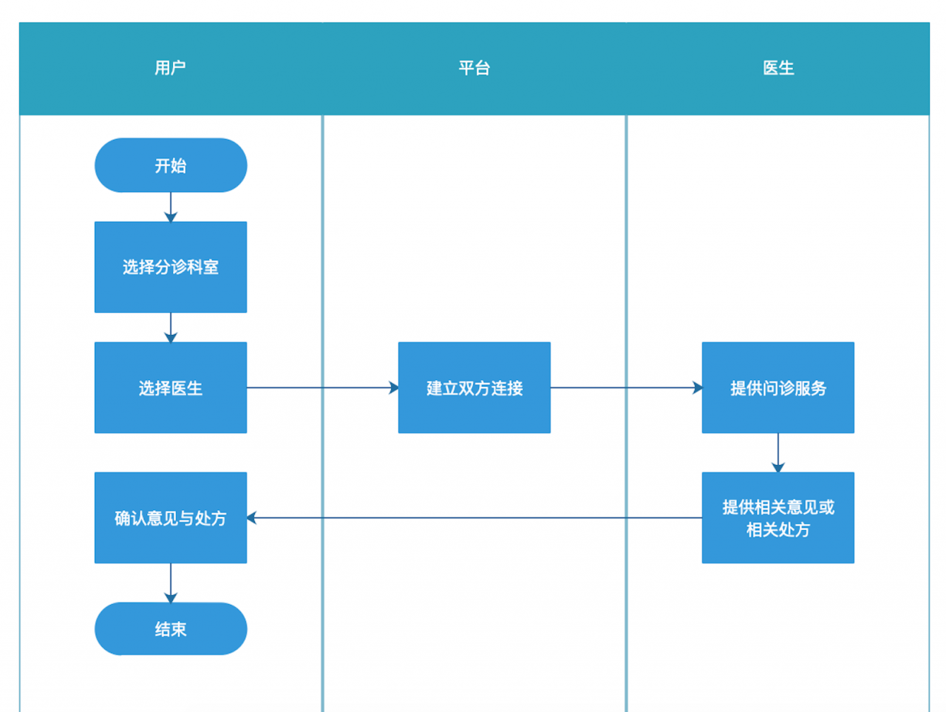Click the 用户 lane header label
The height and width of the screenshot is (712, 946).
tap(170, 68)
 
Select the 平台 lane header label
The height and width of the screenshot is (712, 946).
tap(474, 68)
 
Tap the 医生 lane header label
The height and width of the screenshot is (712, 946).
tap(777, 68)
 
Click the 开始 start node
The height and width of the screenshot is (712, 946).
tap(171, 165)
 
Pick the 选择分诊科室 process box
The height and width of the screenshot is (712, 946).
tap(171, 267)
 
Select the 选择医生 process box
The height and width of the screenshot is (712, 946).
tap(171, 387)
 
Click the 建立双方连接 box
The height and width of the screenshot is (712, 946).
tap(474, 387)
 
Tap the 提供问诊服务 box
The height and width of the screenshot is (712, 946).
tap(777, 387)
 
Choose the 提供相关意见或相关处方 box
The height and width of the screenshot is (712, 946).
tap(777, 518)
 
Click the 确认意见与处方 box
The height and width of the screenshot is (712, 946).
tap(171, 518)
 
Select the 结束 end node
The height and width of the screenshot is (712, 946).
tap(171, 628)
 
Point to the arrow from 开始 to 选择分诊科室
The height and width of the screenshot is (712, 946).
tap(171, 207)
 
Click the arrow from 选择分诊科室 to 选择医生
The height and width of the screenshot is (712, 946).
tap(171, 328)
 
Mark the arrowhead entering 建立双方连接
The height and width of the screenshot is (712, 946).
tap(393, 387)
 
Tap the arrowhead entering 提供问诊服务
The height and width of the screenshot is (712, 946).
tap(697, 387)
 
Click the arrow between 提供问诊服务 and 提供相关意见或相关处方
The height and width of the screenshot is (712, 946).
tap(777, 452)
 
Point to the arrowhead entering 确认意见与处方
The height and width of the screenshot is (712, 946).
tap(252, 518)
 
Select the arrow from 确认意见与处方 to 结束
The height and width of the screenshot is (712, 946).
tap(171, 583)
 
